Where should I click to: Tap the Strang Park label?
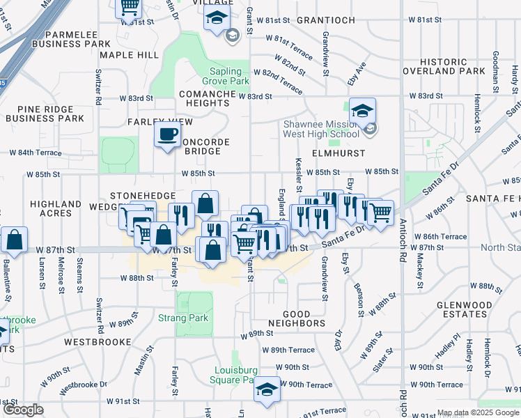[193, 318]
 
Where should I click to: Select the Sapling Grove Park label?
[230, 76]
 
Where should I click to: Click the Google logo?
[22, 410]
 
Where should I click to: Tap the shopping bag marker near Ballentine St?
[14, 240]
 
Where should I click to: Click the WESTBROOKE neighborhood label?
[98, 342]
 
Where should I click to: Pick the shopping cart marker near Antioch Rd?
[380, 213]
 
